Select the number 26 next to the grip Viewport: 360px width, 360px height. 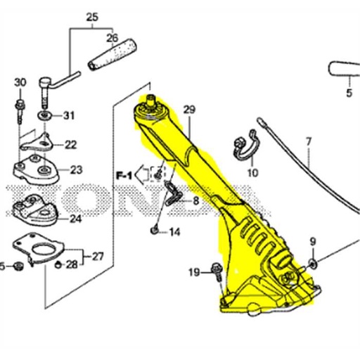(x=112, y=38)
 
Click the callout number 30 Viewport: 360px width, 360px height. (x=19, y=83)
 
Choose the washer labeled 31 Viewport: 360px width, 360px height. (x=44, y=115)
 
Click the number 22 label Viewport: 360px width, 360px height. (x=71, y=145)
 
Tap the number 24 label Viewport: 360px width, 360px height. (x=75, y=219)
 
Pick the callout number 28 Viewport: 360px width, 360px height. (x=72, y=264)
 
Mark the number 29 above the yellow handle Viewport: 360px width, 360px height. (x=188, y=109)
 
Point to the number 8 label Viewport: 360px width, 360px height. (x=195, y=201)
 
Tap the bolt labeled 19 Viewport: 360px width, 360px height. (x=215, y=270)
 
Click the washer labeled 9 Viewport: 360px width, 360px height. (x=312, y=264)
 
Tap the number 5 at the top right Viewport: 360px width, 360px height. (x=348, y=92)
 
